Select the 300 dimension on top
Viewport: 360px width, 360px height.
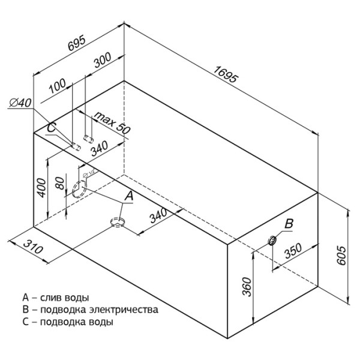point(103,61)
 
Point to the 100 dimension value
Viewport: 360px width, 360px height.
point(58,86)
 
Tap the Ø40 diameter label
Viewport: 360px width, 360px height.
point(20,103)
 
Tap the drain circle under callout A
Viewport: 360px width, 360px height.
point(118,223)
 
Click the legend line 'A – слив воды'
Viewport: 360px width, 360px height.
point(55,298)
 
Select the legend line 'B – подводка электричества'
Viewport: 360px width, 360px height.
point(90,310)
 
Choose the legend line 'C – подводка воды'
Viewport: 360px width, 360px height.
point(67,322)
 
